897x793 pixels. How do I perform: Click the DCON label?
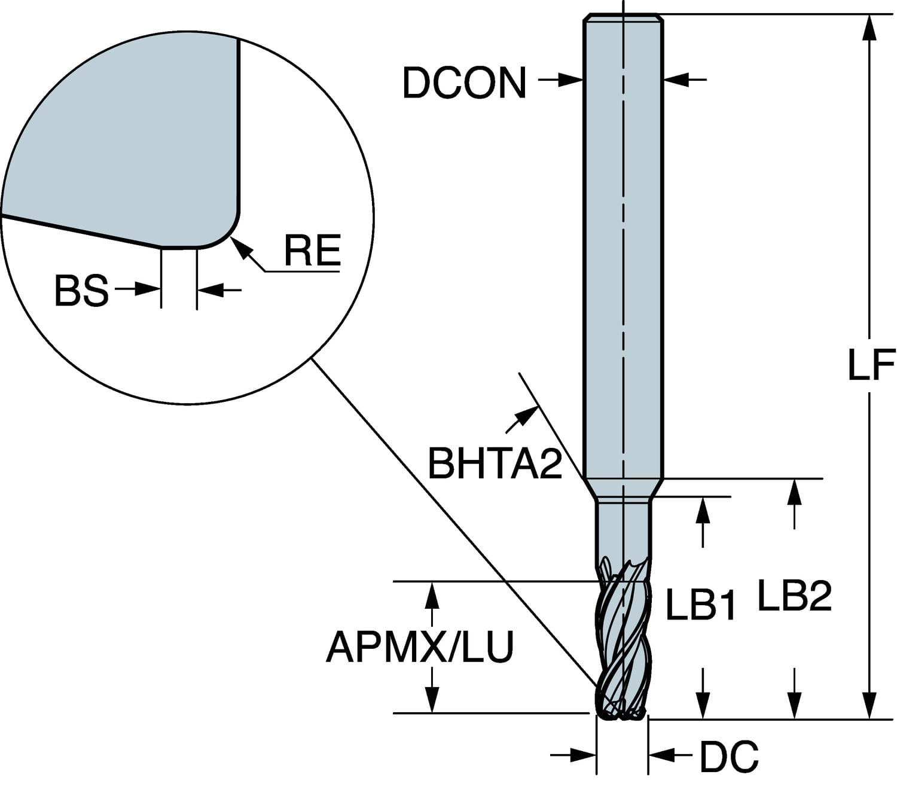(465, 83)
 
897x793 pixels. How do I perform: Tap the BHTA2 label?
(495, 463)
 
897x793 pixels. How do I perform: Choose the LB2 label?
(795, 596)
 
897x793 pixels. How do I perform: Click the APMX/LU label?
(420, 647)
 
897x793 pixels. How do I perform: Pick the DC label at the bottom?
(729, 757)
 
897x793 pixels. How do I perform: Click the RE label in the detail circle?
(313, 250)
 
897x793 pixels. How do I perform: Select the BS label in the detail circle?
(81, 291)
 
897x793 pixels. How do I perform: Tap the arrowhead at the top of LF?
(870, 29)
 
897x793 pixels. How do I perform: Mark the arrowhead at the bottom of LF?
(870, 705)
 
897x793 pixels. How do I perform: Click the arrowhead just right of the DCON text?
(570, 80)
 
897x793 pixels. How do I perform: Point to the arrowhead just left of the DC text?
(661, 755)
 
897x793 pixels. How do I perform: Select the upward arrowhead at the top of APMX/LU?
(432, 596)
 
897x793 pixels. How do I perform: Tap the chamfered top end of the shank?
(623, 18)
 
